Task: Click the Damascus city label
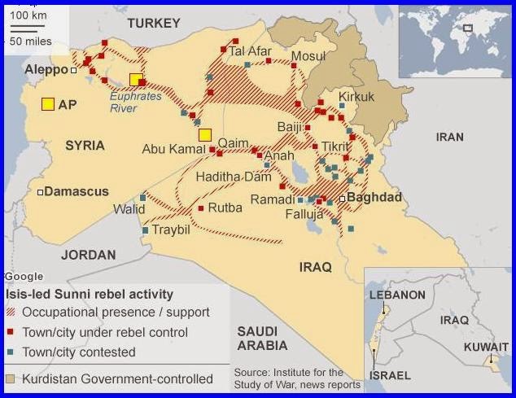point(76,192)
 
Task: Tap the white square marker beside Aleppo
point(73,71)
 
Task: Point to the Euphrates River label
point(136,102)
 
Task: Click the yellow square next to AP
point(48,103)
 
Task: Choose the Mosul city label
point(308,56)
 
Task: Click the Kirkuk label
point(356,97)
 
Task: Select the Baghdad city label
point(374,198)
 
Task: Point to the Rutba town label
point(225,208)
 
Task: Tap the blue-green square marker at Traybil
point(146,231)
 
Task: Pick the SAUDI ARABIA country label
point(257,339)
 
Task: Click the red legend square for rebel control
point(11,333)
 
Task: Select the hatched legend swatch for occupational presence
point(11,313)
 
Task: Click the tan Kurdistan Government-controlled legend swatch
point(11,378)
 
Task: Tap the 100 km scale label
point(28,15)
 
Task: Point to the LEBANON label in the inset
point(398,295)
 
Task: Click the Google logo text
point(24,277)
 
